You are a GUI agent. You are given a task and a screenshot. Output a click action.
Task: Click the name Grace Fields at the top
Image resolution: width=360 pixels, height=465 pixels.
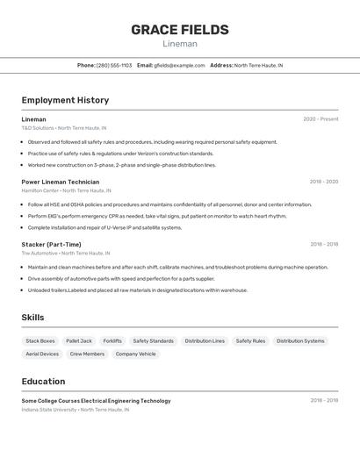(x=180, y=30)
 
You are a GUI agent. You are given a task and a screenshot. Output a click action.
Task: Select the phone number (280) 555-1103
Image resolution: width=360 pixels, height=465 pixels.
(x=114, y=65)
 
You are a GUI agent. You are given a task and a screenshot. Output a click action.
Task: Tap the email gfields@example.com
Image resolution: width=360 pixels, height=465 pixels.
(x=179, y=65)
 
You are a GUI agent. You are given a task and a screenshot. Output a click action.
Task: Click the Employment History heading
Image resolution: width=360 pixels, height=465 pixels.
(x=65, y=100)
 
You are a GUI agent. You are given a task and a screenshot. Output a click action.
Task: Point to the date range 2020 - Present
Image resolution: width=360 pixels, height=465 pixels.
(x=320, y=119)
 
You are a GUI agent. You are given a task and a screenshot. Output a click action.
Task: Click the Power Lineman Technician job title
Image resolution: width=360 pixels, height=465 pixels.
(x=61, y=182)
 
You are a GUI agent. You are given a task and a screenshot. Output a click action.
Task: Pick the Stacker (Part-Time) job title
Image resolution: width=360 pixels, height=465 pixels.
(x=51, y=244)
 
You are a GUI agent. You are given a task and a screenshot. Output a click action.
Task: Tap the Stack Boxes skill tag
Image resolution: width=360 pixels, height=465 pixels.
(x=40, y=341)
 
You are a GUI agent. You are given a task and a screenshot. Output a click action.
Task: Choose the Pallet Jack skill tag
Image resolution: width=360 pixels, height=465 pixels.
(x=79, y=341)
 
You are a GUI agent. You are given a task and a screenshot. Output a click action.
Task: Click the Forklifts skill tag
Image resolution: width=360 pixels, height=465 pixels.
(x=112, y=341)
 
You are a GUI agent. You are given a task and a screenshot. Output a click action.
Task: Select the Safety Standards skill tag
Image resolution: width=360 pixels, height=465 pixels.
(x=154, y=341)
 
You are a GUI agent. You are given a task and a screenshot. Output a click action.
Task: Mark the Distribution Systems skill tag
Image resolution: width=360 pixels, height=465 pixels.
(x=300, y=341)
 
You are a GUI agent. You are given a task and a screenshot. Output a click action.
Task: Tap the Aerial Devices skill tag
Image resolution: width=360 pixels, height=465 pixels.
(x=42, y=354)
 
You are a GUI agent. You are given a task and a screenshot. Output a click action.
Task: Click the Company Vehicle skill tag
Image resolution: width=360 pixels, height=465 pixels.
(x=135, y=354)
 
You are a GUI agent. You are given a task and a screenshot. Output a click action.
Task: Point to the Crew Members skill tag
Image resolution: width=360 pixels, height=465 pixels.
(x=87, y=354)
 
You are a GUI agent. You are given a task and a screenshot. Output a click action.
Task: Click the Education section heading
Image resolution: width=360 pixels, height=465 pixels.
(x=43, y=382)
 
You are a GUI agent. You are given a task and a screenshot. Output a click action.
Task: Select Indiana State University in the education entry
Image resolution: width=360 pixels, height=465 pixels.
(x=49, y=410)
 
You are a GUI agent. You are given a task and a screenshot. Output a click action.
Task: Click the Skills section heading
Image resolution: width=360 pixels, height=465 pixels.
(x=32, y=318)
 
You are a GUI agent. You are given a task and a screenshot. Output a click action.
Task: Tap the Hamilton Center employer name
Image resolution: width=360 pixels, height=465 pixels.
(x=40, y=190)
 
